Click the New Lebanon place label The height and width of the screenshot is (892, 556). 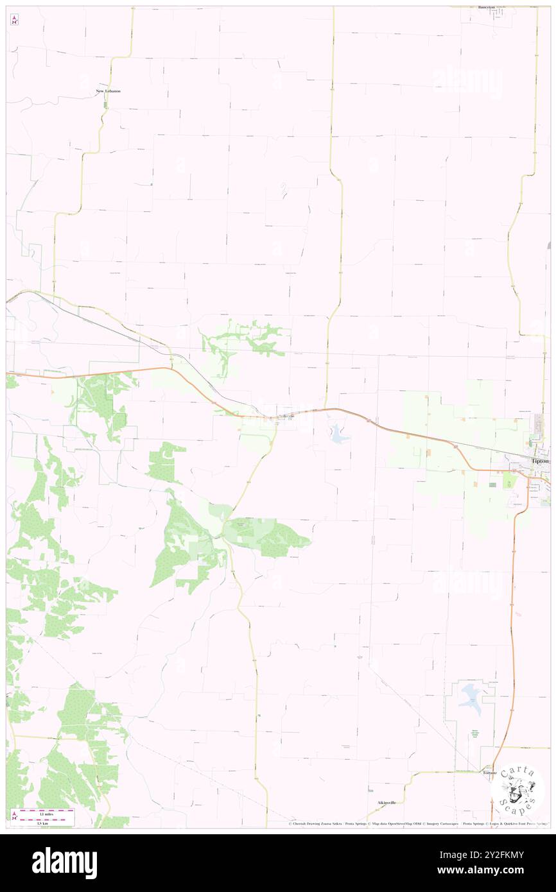[109, 91]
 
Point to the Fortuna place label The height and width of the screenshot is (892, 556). [489, 773]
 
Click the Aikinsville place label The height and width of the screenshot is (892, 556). [387, 803]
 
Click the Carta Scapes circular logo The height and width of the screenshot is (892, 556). [518, 788]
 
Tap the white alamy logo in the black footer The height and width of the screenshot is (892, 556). [64, 863]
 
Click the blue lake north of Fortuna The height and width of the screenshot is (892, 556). [473, 695]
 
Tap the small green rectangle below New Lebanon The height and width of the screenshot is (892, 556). [105, 103]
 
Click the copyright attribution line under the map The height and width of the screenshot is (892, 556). [417, 824]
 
